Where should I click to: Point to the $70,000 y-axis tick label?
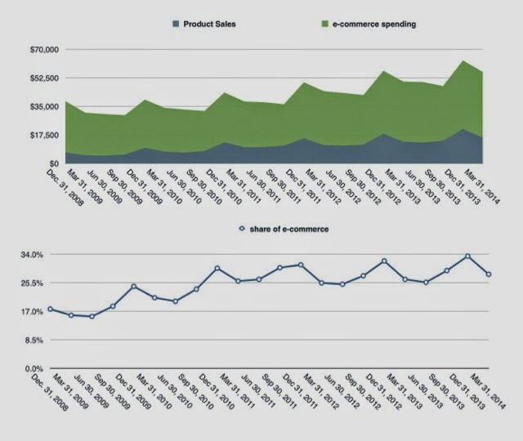pyautogui.click(x=31, y=50)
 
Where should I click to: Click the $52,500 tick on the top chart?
pyautogui.click(x=31, y=78)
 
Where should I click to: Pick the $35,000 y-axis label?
pyautogui.click(x=31, y=107)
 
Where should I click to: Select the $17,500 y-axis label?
pyautogui.click(x=31, y=136)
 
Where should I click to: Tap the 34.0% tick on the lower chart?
pyautogui.click(x=32, y=255)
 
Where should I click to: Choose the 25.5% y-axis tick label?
pyautogui.click(x=32, y=283)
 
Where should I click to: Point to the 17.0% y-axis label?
pyautogui.click(x=32, y=312)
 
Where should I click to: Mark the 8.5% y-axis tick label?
pyautogui.click(x=34, y=341)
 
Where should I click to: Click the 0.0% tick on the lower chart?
pyautogui.click(x=34, y=369)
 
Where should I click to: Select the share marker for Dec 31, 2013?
pyautogui.click(x=467, y=256)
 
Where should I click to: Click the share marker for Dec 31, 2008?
pyautogui.click(x=50, y=310)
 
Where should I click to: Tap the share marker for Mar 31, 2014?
pyautogui.click(x=489, y=274)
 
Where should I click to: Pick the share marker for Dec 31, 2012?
pyautogui.click(x=384, y=261)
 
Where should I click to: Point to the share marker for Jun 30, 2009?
pyautogui.click(x=92, y=316)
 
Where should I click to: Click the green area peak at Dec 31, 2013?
pyautogui.click(x=464, y=61)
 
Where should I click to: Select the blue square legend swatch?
pyautogui.click(x=176, y=24)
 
